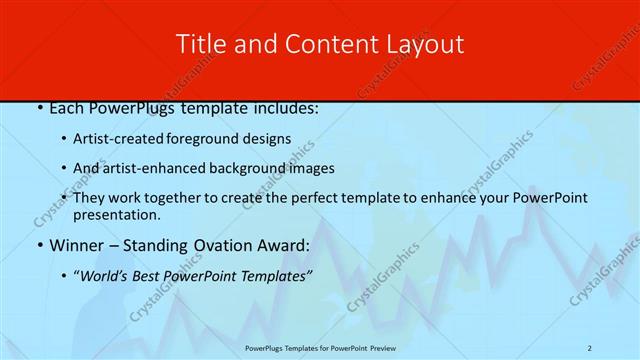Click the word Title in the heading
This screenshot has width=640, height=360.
coord(199,44)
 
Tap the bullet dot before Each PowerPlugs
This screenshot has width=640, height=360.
coord(39,108)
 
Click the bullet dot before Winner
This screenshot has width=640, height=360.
coord(39,245)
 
